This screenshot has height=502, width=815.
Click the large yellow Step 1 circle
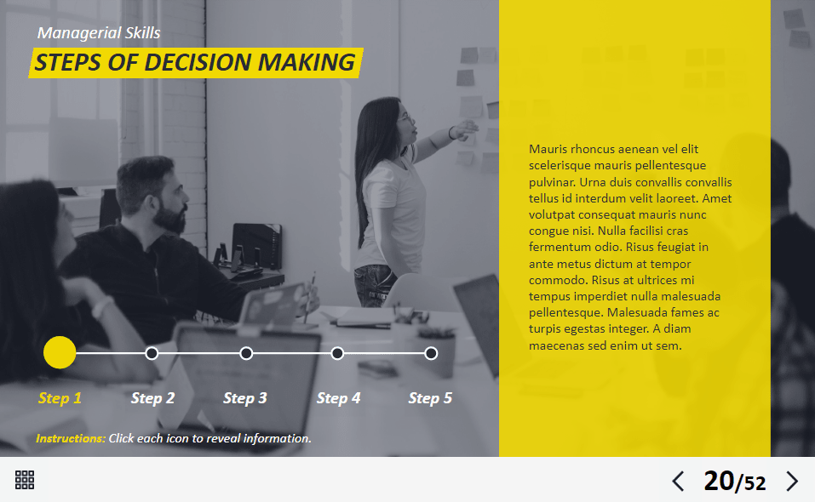click(60, 352)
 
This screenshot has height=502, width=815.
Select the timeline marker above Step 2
click(152, 354)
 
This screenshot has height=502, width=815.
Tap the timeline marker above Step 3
click(246, 354)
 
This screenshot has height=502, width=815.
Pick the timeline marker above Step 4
click(337, 354)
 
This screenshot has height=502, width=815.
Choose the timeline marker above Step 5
click(431, 354)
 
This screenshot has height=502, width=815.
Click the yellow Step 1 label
click(60, 398)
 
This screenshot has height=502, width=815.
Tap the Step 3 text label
click(244, 398)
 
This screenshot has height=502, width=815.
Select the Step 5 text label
click(430, 398)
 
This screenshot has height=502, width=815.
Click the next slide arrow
click(792, 482)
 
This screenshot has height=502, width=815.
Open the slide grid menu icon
click(25, 480)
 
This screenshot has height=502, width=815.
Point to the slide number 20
click(719, 481)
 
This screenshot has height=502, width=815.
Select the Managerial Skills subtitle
click(99, 32)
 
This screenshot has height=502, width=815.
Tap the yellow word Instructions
click(71, 439)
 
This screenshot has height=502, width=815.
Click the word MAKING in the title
click(306, 62)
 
